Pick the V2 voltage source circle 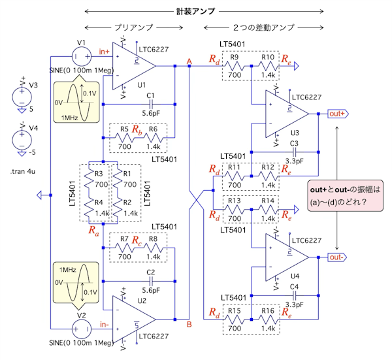[82, 330]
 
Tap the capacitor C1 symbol [151, 104]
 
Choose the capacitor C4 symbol [294, 295]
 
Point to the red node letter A [189, 61]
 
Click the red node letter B [189, 324]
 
